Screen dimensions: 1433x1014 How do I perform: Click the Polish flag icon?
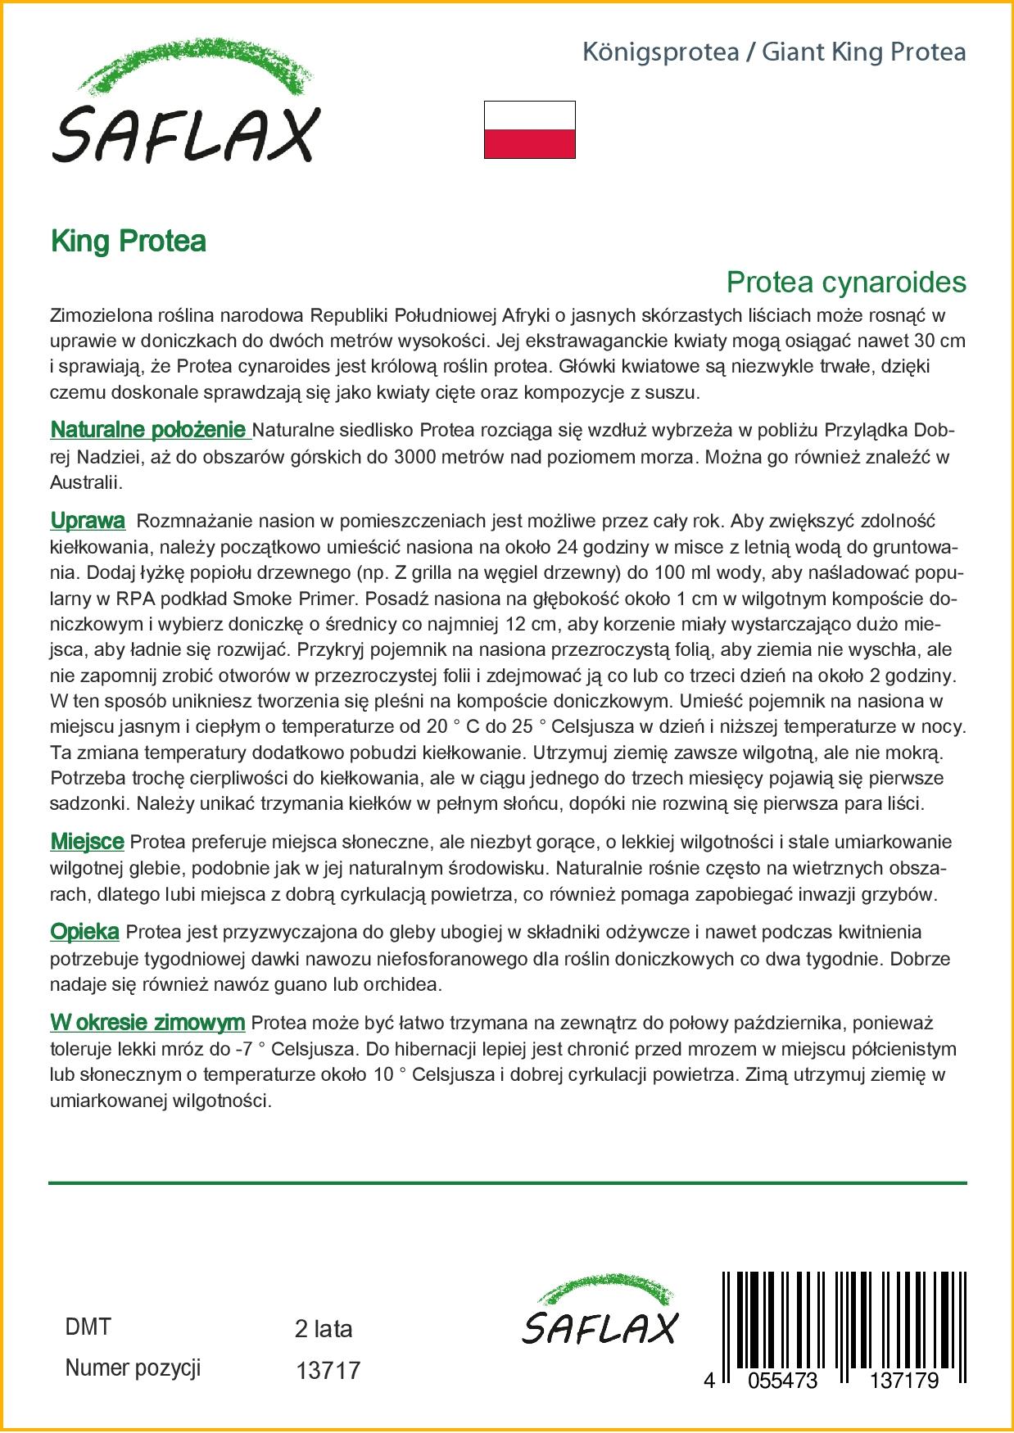tap(529, 129)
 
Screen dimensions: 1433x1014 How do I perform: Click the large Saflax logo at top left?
tap(186, 103)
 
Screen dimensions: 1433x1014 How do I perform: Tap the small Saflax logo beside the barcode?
tap(600, 1312)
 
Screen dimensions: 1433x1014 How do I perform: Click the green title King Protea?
tap(128, 241)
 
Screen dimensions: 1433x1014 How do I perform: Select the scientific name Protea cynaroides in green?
tap(845, 282)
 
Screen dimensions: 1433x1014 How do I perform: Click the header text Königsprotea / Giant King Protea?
tap(773, 52)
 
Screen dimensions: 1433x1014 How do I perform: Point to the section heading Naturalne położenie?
tap(149, 430)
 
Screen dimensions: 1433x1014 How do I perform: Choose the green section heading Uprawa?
tap(88, 521)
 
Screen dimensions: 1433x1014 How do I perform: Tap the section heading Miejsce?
tap(87, 842)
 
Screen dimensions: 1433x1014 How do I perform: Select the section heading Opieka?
tap(84, 932)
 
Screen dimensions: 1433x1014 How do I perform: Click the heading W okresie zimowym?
tap(147, 1023)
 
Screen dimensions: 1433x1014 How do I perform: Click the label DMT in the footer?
tap(88, 1327)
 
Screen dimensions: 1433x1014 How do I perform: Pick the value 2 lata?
tap(323, 1329)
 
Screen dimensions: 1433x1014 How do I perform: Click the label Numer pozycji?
tap(133, 1368)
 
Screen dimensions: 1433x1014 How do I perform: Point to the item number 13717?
tap(327, 1370)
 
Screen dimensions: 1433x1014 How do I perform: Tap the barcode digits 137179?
tap(903, 1380)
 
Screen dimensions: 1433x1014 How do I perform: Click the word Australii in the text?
tap(86, 483)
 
